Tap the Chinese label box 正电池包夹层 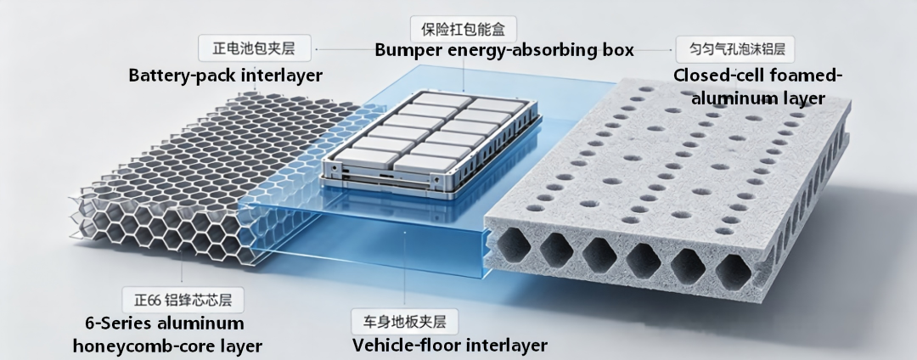tap(255, 48)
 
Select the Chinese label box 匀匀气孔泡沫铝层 tap(735, 49)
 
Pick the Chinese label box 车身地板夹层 tap(405, 322)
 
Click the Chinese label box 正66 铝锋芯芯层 tap(183, 301)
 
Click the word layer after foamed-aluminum tap(801, 98)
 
